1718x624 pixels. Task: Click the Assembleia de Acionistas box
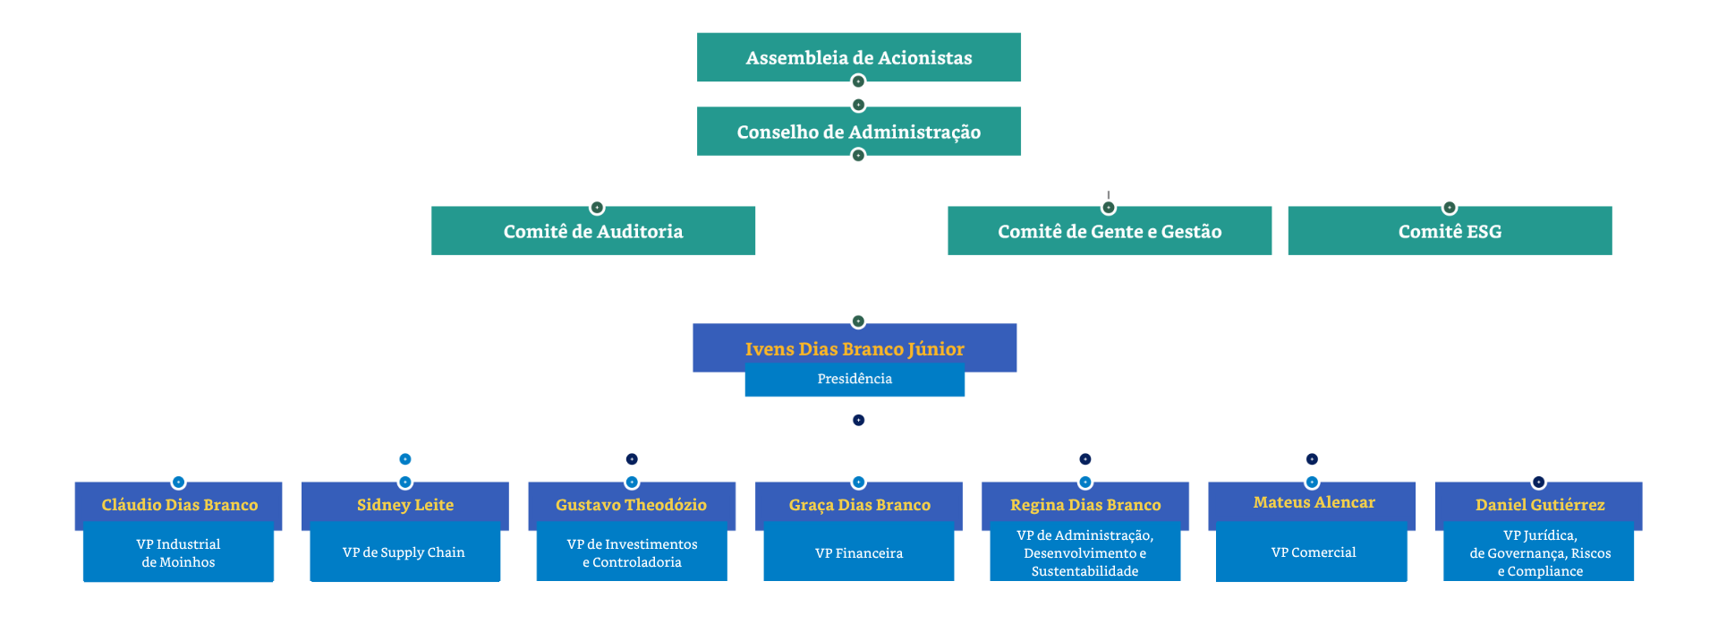pos(859,57)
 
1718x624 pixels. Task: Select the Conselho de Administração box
pos(859,132)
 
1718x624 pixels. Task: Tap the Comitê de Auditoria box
pos(593,231)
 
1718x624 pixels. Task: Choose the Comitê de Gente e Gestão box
pos(1110,231)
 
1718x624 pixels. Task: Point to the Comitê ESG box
pos(1450,231)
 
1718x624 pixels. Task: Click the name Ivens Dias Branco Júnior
pos(855,348)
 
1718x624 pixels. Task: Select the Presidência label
pos(855,379)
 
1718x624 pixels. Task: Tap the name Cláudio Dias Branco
pos(179,505)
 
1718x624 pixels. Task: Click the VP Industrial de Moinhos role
pos(178,553)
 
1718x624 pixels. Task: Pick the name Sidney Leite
pos(405,505)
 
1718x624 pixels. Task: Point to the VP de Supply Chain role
pos(404,552)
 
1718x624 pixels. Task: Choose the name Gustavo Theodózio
pos(631,505)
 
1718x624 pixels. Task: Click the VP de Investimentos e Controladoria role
pos(632,553)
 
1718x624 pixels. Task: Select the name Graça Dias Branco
pos(859,505)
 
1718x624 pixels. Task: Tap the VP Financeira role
pos(859,553)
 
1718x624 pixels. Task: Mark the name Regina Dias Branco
pos(1085,505)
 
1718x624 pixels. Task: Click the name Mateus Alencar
pos(1314,502)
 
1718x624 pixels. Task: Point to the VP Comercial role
pos(1314,552)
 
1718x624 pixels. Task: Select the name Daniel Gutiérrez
pos(1540,505)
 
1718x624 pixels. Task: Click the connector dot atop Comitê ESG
pos(1450,208)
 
